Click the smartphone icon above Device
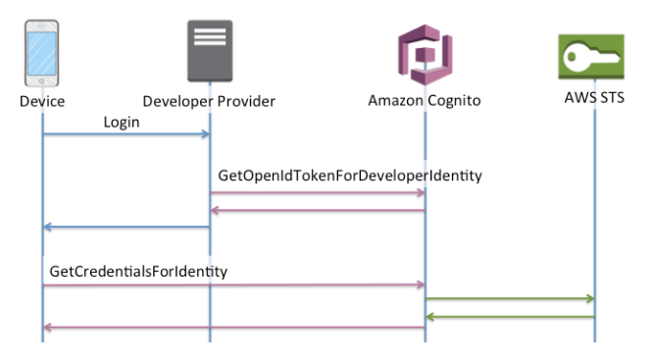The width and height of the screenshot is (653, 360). pyautogui.click(x=42, y=55)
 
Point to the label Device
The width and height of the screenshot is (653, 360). pyautogui.click(x=42, y=101)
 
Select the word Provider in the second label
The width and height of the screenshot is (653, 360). pyautogui.click(x=246, y=101)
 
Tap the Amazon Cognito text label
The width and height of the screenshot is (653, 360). pyautogui.click(x=423, y=101)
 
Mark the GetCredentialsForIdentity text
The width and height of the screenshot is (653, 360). pyautogui.click(x=135, y=270)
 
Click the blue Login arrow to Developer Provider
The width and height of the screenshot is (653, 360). pyautogui.click(x=126, y=136)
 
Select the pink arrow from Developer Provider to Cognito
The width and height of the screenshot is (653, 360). pyautogui.click(x=317, y=193)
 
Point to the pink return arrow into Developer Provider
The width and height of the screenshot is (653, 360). pyautogui.click(x=317, y=210)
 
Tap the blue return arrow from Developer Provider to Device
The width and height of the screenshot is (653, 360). pyautogui.click(x=126, y=228)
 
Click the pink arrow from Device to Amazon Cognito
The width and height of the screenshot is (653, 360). pyautogui.click(x=233, y=285)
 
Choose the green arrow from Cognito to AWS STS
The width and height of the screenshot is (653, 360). pyautogui.click(x=509, y=298)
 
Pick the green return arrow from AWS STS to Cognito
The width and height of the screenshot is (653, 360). pyautogui.click(x=509, y=316)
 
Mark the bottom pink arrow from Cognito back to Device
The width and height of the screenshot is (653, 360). pyautogui.click(x=233, y=329)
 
